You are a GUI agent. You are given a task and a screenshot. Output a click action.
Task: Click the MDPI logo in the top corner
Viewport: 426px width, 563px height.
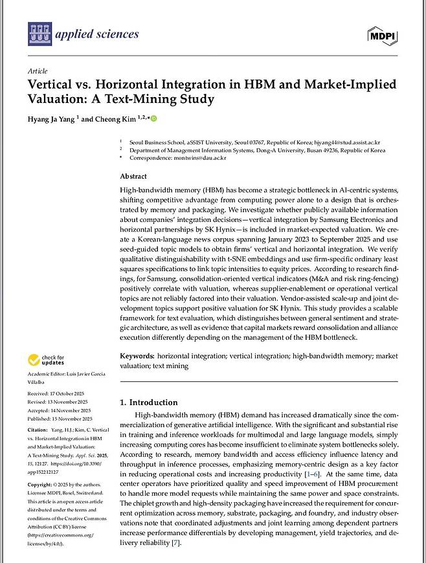click(x=383, y=34)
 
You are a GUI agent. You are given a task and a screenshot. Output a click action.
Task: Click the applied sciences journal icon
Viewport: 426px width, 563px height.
click(x=40, y=34)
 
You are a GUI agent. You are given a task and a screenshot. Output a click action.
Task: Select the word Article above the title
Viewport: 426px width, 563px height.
click(x=38, y=71)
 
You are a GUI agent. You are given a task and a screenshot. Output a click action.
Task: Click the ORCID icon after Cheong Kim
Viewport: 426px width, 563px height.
click(x=154, y=118)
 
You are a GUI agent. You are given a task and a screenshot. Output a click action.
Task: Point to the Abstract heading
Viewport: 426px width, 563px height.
click(x=133, y=176)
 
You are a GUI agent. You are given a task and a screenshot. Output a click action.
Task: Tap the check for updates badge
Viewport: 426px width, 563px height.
click(x=46, y=360)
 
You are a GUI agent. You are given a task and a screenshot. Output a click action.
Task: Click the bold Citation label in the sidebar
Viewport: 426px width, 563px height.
click(x=38, y=430)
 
